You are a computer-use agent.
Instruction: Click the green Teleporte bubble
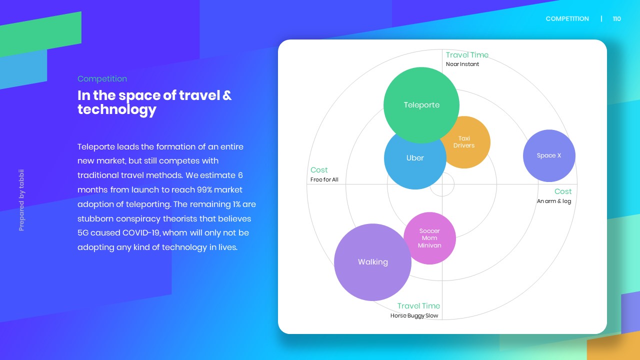click(x=421, y=105)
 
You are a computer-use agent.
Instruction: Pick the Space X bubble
click(x=549, y=155)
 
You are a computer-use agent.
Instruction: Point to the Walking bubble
click(x=372, y=262)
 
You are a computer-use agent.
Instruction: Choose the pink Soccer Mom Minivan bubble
click(x=429, y=238)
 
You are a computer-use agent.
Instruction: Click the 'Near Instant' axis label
click(x=462, y=64)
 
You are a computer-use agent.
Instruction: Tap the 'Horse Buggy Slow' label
click(x=414, y=315)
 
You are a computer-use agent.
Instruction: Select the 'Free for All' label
click(x=324, y=179)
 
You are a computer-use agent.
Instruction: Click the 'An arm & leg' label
click(x=554, y=201)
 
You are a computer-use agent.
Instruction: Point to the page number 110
click(x=617, y=19)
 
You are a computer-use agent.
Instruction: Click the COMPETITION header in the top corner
click(x=567, y=19)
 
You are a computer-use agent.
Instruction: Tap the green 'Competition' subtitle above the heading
click(x=102, y=79)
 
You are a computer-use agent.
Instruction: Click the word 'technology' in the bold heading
click(x=117, y=110)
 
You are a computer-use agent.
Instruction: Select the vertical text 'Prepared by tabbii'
click(x=21, y=200)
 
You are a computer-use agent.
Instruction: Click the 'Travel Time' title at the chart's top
click(x=467, y=55)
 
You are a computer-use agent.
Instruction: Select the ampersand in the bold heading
click(x=227, y=95)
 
